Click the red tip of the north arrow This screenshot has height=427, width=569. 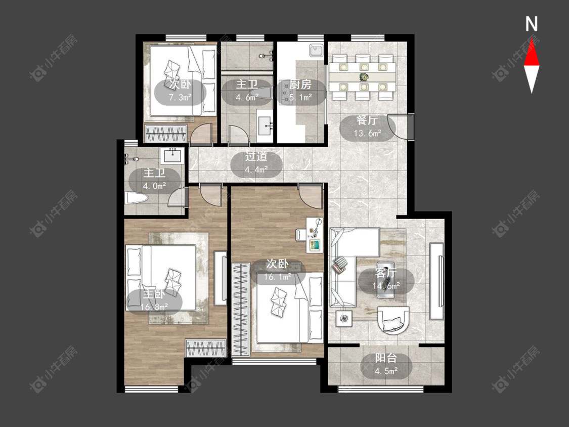[532, 39]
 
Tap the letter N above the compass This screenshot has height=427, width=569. [532, 24]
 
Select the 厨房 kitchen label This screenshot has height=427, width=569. [300, 85]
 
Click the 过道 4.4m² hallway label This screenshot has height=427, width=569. [256, 162]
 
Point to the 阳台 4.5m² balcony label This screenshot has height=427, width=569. [386, 364]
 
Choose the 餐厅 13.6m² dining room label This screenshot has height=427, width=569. [367, 126]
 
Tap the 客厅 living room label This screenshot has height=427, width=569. [386, 272]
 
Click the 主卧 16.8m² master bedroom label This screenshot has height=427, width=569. [154, 300]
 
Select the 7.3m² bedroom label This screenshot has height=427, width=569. [181, 97]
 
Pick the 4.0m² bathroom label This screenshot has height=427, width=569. [155, 186]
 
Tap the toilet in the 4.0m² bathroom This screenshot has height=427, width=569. [137, 198]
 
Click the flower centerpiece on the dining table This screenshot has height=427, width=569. [363, 77]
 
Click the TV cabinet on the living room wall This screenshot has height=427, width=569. [436, 281]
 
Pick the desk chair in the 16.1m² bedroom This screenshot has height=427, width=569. [301, 235]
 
